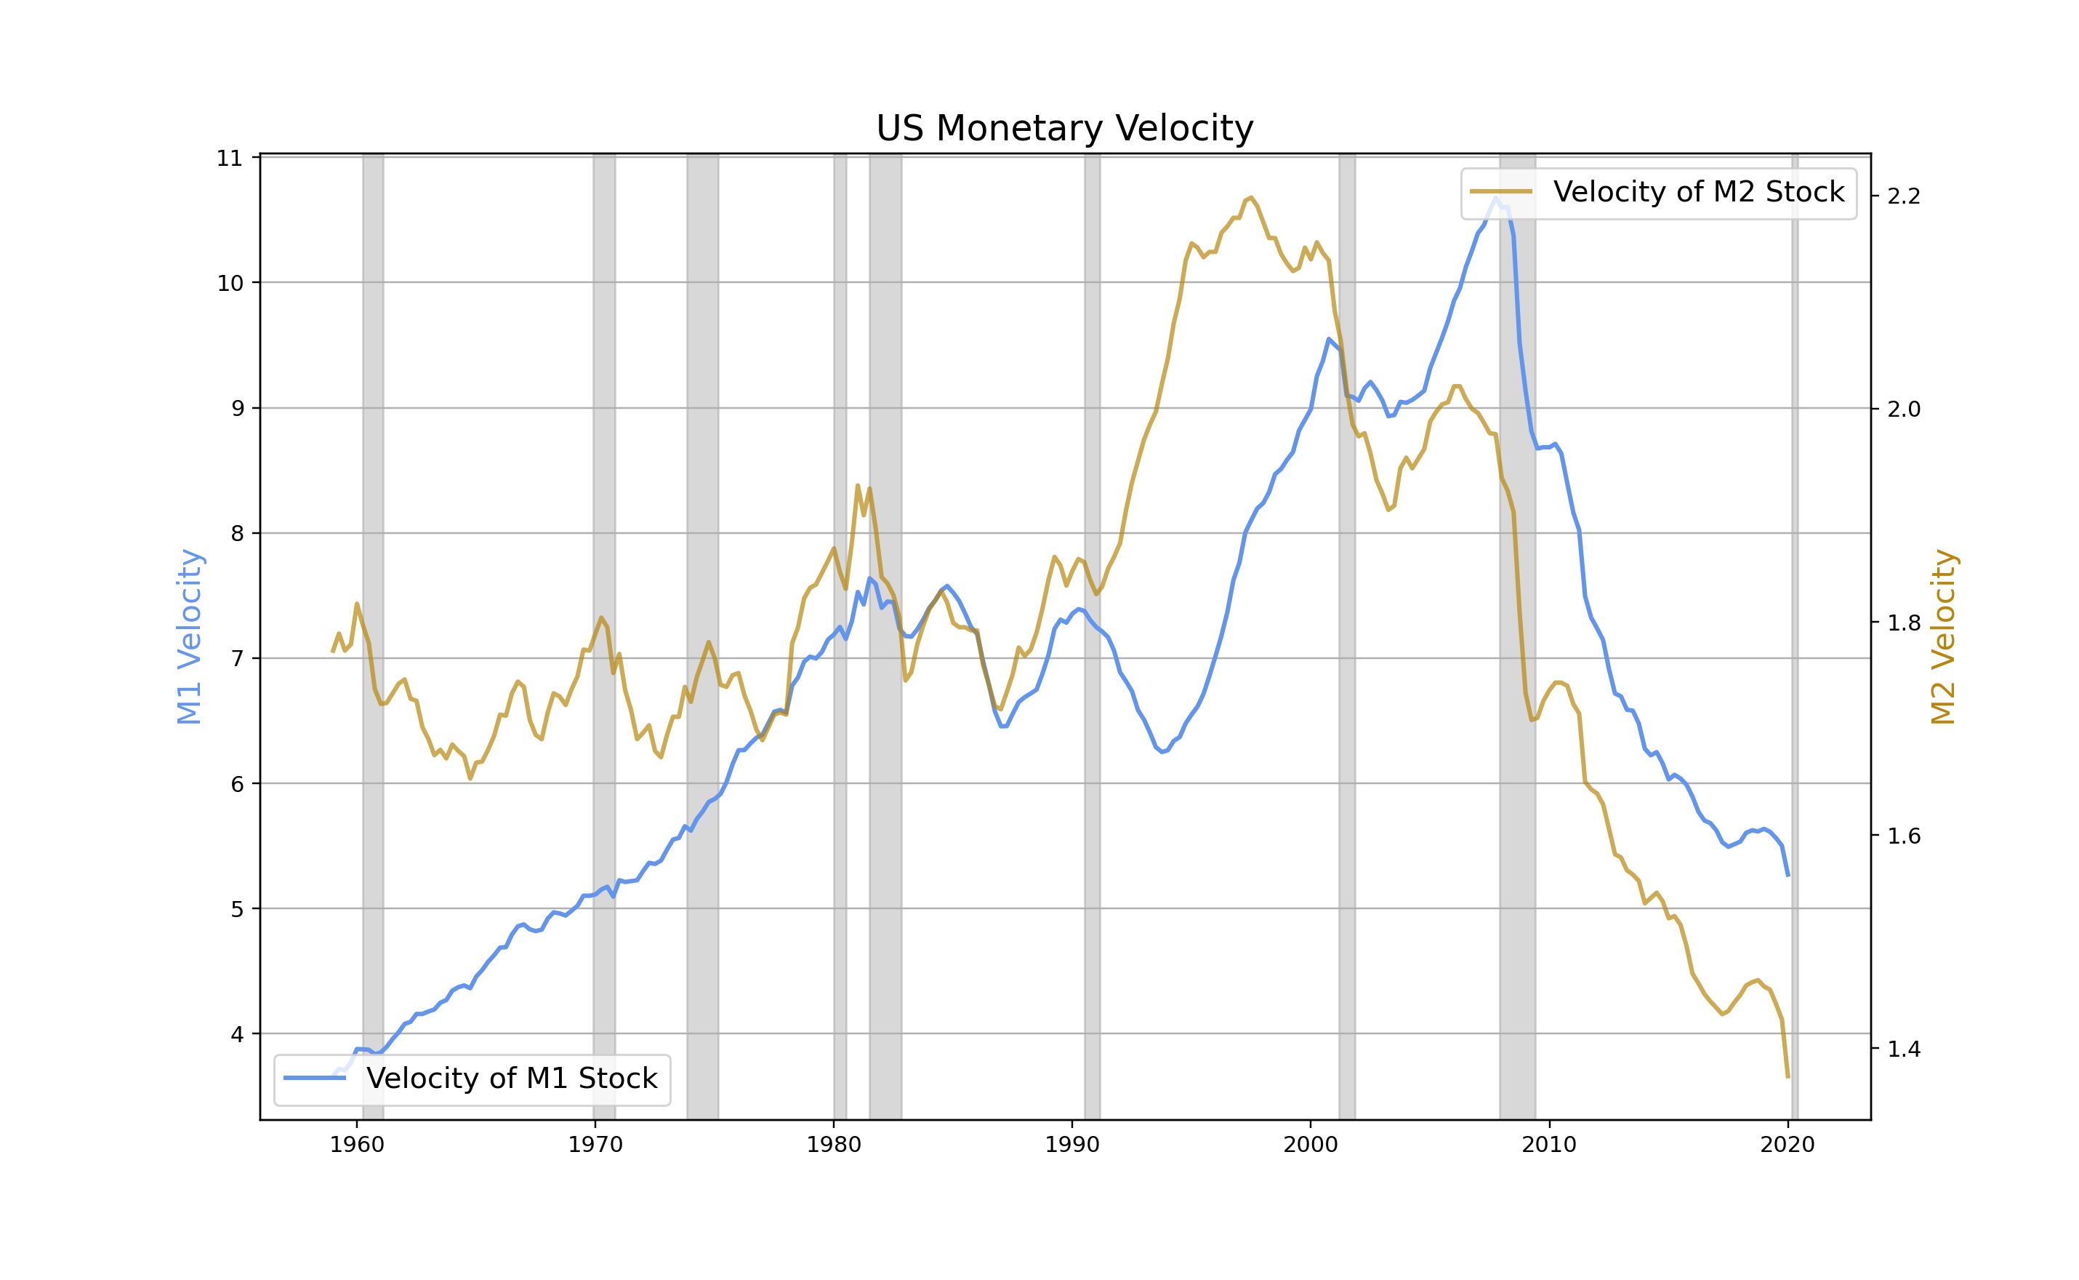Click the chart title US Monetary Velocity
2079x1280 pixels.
click(x=1063, y=129)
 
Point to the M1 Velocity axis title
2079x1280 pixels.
click(x=189, y=636)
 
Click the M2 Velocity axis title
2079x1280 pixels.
click(x=1943, y=636)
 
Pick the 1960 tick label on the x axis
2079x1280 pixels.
click(x=356, y=1145)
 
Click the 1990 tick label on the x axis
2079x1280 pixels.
click(x=1072, y=1145)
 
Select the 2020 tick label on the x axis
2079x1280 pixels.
click(x=1787, y=1145)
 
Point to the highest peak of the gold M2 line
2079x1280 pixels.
click(x=1250, y=197)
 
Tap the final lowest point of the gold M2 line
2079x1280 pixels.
click(x=1787, y=1077)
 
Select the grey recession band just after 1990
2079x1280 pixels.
click(x=1093, y=635)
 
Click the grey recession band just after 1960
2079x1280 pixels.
click(x=372, y=635)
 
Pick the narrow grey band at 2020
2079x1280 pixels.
click(x=1795, y=635)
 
